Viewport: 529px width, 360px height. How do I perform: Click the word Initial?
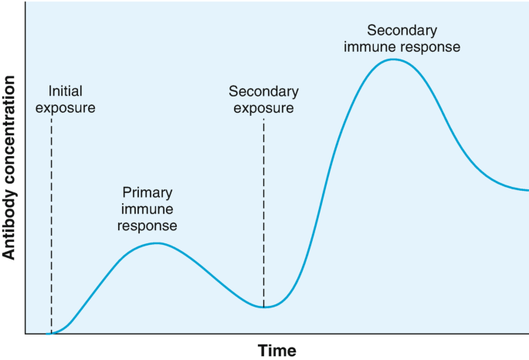click(66, 91)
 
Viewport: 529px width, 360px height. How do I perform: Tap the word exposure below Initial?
click(66, 108)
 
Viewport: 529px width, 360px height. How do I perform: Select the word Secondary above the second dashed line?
click(263, 91)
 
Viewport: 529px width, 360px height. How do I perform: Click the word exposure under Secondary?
click(263, 108)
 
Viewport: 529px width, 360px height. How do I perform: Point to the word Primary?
click(148, 193)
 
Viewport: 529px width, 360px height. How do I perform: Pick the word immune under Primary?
click(147, 209)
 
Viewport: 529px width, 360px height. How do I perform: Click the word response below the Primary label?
click(147, 226)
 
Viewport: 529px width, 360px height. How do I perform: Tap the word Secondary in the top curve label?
click(402, 30)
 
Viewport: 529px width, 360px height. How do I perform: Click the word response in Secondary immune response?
click(430, 48)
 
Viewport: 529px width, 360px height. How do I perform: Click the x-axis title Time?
click(277, 351)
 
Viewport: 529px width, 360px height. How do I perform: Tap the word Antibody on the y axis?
click(8, 226)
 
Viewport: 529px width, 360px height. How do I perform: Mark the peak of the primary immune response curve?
click(157, 243)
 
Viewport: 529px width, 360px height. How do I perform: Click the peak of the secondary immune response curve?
click(393, 59)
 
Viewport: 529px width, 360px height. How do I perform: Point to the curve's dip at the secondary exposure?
click(264, 307)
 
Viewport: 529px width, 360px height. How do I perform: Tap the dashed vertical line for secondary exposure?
click(264, 212)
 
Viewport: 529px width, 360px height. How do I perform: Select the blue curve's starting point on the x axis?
click(47, 334)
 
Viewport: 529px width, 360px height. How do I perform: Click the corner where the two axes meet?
click(25, 334)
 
